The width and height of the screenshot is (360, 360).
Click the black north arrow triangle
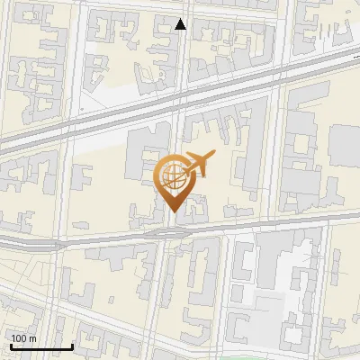click(x=181, y=24)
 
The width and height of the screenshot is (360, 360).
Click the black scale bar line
click(x=41, y=346)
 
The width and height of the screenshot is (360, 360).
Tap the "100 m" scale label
click(x=23, y=338)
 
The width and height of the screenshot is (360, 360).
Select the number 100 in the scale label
click(x=20, y=338)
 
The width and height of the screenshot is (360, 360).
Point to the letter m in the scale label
click(x=31, y=338)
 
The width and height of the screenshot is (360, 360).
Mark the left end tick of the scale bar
click(x=11, y=345)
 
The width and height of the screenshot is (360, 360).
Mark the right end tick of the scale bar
click(x=72, y=345)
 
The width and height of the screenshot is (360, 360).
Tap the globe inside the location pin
click(x=173, y=177)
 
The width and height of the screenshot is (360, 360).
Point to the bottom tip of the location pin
click(x=173, y=212)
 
